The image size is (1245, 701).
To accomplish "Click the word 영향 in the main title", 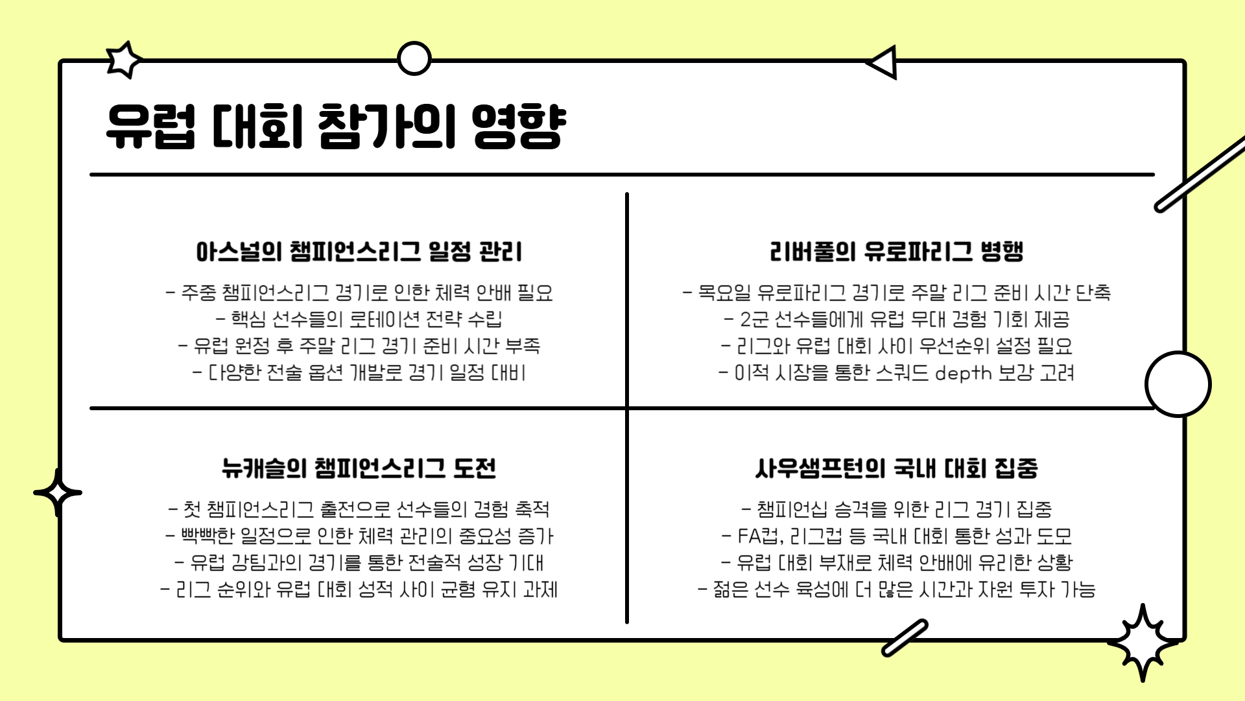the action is coord(518,127).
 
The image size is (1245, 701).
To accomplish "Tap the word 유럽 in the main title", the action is coord(150,127).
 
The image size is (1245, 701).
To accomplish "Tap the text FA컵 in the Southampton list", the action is coord(759,536).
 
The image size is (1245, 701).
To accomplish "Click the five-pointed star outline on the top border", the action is coord(123,60).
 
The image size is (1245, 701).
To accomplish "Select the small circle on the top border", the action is coord(414,59).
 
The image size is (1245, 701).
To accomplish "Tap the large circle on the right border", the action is coord(1178,384).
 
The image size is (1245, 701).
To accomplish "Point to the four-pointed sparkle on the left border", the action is coord(58,493).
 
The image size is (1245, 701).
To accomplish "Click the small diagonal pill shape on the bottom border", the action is coord(905,637).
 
